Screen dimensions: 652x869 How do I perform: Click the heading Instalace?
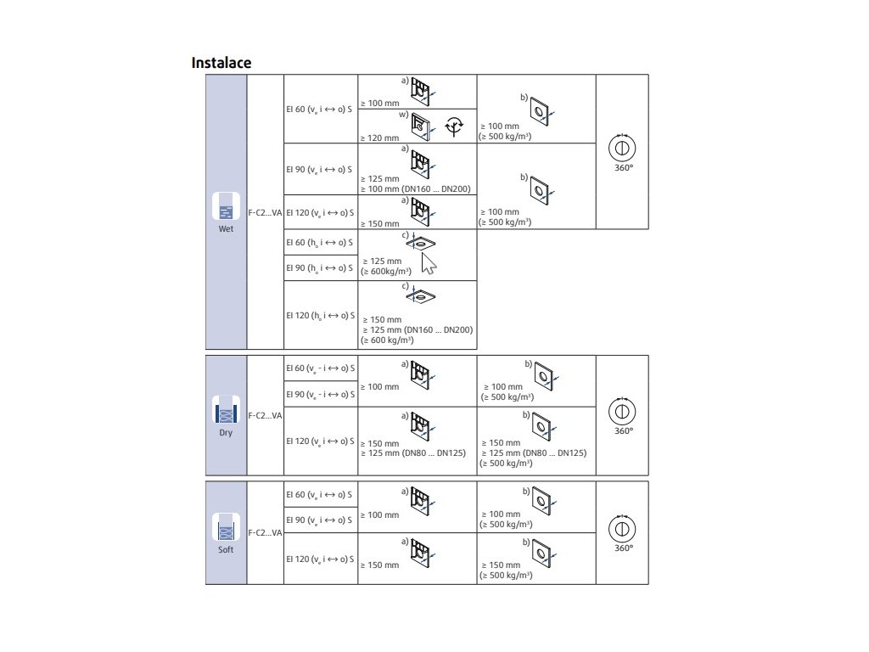point(221,63)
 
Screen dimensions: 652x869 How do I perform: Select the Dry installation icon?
point(225,412)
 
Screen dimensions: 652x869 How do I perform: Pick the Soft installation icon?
point(225,529)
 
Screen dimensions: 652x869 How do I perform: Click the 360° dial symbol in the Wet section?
point(622,146)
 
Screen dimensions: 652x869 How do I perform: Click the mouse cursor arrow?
point(429,263)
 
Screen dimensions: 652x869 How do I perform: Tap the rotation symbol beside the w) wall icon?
point(456,125)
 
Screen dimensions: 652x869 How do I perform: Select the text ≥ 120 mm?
point(379,138)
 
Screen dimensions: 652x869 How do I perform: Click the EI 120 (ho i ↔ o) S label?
point(320,315)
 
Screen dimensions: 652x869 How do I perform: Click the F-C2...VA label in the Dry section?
point(265,415)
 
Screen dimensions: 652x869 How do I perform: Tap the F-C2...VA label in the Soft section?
point(265,533)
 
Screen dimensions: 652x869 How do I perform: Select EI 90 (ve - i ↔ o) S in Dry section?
point(320,394)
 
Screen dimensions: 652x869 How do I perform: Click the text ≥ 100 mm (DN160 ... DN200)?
point(416,189)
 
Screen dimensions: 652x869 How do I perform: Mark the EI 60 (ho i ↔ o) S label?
point(320,242)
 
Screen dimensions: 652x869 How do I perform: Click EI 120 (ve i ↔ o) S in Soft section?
point(320,559)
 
